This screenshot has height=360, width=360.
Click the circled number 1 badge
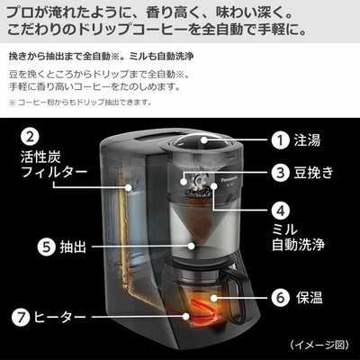(281, 140)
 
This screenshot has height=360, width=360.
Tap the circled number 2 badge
(30, 138)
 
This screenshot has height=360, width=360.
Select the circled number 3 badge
(281, 173)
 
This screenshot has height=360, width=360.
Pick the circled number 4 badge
(281, 211)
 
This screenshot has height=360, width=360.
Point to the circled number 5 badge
(47, 247)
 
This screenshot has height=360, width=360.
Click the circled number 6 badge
(281, 298)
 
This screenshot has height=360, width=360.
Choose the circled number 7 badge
(21, 317)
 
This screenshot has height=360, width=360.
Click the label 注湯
(307, 140)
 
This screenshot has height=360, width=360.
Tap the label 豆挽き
(313, 173)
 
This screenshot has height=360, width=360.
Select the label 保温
(309, 298)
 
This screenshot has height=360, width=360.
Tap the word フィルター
(54, 172)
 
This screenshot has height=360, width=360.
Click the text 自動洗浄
(298, 245)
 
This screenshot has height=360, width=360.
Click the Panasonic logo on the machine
(229, 180)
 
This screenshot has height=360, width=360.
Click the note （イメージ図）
(319, 345)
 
